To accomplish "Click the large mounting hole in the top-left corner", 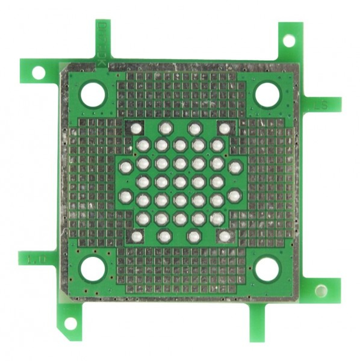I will coord(92,94).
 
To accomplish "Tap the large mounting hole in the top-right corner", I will coord(267,94).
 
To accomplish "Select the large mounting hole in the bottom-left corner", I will coord(92,269).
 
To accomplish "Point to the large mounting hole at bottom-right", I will coord(266,269).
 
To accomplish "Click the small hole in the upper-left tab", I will coord(38,73).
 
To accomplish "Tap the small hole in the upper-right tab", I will coord(289,40).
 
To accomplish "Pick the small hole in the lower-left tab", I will coord(70,323).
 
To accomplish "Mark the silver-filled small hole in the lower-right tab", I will coord(320,291).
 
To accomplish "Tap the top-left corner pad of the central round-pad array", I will coord(137,128).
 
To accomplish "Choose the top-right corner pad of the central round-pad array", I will coord(224,128).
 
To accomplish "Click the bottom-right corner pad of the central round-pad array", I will coord(224,236).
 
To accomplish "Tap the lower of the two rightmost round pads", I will coord(235,195).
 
